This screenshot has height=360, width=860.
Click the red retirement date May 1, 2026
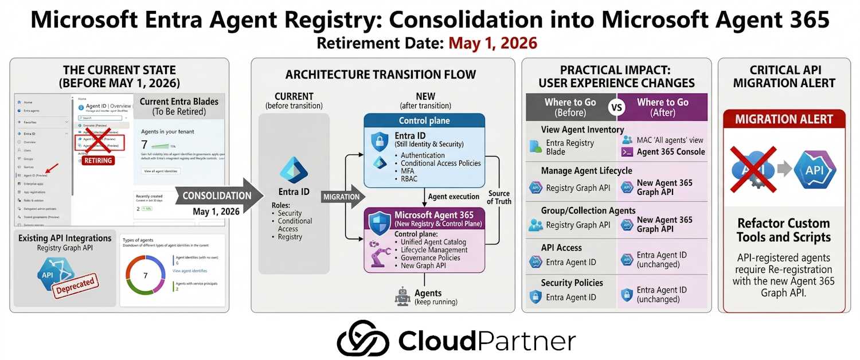(492, 43)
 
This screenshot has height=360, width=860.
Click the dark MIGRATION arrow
(342, 197)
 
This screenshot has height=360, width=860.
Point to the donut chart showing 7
(145, 276)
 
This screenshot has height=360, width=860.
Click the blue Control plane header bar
(424, 121)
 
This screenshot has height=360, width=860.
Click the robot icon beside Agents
(402, 296)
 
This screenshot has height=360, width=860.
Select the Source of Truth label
(499, 197)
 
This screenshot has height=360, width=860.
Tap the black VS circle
(616, 107)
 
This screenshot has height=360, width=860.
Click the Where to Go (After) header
(663, 107)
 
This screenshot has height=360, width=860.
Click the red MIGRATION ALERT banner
(783, 120)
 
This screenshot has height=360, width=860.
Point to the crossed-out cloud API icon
(752, 169)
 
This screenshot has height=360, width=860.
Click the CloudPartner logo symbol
(362, 338)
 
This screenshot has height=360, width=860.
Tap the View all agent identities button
(161, 171)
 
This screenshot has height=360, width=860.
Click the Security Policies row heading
(572, 283)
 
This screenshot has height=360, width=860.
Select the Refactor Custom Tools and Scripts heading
(783, 230)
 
